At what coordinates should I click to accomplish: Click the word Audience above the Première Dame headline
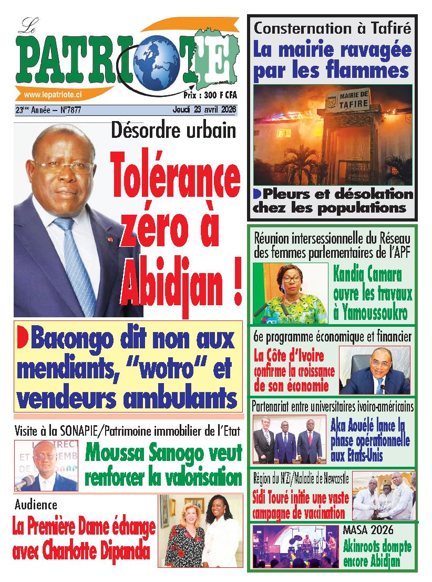pos(36,505)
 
